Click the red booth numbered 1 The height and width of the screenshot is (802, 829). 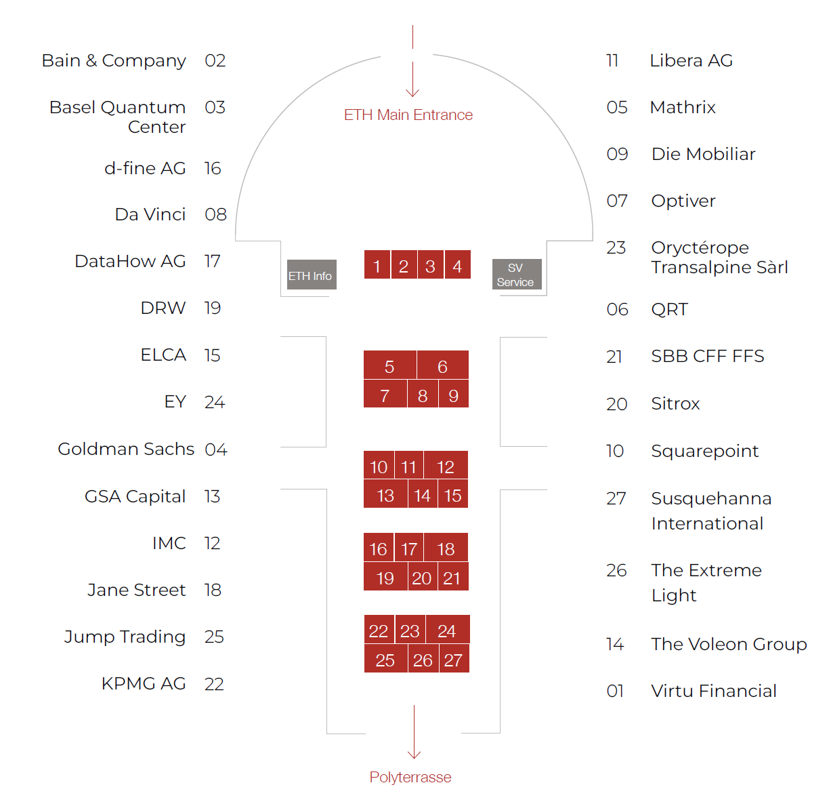pos(377,266)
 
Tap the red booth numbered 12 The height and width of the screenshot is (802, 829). pos(445,466)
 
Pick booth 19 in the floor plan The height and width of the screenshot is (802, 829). pos(385,578)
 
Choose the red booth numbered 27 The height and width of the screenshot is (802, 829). pos(453,660)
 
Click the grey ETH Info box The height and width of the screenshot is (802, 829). pos(311,275)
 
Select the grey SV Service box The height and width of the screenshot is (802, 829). pos(516,275)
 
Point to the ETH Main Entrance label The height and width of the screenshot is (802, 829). pos(408,115)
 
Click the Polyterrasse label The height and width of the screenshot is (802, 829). pos(410,777)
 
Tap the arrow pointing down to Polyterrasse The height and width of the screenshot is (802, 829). pos(414,732)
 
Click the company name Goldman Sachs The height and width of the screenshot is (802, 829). pos(126,449)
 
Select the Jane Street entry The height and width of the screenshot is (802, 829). pos(136,590)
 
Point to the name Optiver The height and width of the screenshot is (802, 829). pos(683,201)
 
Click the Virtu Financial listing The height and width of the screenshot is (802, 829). pos(713,691)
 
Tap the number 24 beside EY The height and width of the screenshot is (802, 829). pos(214,402)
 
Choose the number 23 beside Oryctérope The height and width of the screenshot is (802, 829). pos(616,247)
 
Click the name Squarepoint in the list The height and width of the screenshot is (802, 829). pos(704,451)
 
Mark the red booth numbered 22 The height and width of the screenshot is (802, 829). pos(379,630)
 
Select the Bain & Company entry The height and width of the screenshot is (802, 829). pos(114,60)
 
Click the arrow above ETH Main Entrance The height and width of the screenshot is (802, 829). pos(412,78)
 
